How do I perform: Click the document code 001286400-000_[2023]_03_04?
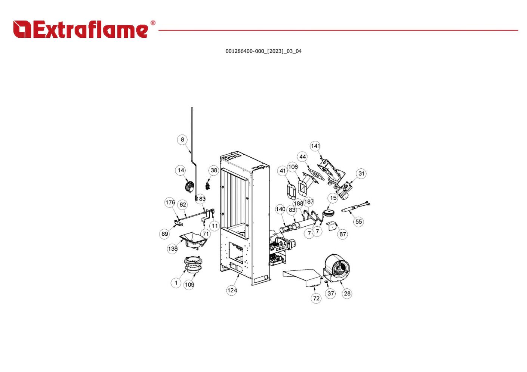click(x=263, y=51)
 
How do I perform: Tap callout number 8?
click(x=182, y=140)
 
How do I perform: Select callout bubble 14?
click(x=181, y=171)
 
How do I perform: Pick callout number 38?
click(x=214, y=171)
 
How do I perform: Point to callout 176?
click(x=170, y=202)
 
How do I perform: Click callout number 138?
click(x=172, y=249)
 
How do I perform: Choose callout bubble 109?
click(x=189, y=285)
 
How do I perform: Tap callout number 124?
click(x=232, y=290)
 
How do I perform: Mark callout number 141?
click(x=315, y=146)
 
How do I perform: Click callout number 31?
click(x=361, y=173)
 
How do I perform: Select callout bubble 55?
click(x=359, y=222)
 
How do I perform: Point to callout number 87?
click(x=343, y=234)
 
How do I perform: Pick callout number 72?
click(x=317, y=298)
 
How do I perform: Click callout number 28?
click(x=347, y=294)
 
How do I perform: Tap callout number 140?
click(x=280, y=210)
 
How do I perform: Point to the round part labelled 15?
click(x=329, y=213)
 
